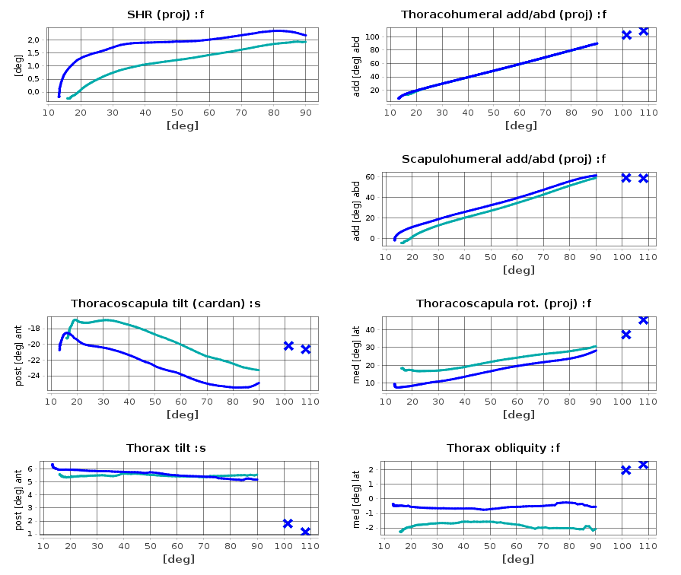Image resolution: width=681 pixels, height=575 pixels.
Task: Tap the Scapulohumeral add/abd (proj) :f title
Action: pos(503,159)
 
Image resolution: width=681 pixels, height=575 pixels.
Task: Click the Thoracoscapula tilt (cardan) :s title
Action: pos(166,303)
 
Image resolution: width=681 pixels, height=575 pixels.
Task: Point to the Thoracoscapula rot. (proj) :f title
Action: pos(503,303)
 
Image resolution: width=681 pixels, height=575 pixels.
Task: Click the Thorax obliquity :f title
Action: pos(503,448)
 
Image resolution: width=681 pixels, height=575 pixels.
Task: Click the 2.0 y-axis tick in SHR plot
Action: pos(33,40)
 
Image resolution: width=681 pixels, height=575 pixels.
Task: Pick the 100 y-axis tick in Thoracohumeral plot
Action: pos(372,37)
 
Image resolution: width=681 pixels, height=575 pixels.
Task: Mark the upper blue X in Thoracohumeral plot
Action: pos(643,30)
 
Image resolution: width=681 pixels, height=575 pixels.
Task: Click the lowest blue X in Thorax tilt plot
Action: pos(305,532)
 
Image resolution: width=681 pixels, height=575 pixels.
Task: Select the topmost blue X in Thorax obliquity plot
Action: pos(643,464)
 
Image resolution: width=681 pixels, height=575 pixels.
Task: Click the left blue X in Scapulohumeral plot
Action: pos(626,178)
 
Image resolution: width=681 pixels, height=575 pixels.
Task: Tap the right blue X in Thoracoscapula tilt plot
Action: pos(305,349)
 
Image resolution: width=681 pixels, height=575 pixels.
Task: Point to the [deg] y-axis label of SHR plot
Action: pos(19,65)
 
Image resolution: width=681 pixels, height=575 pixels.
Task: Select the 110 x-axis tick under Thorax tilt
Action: pos(310,545)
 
